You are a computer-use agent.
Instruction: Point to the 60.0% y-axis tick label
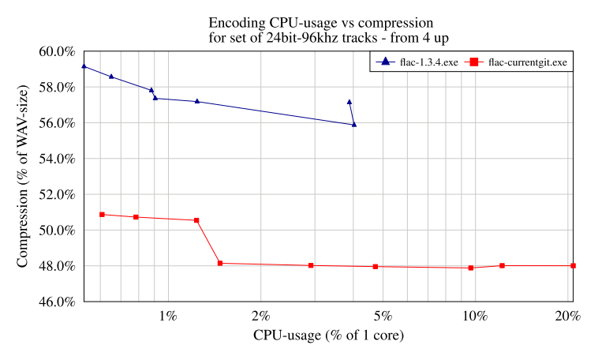[x=57, y=52]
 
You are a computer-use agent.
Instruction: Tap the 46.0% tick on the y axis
[x=57, y=302]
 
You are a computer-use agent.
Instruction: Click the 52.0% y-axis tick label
[x=57, y=195]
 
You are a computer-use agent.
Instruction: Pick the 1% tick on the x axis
[x=167, y=317]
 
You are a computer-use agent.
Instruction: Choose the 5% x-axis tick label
[x=382, y=317]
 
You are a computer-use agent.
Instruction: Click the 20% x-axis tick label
[x=567, y=317]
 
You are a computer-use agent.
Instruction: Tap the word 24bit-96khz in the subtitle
[x=290, y=37]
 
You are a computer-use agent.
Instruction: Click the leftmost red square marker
[x=102, y=215]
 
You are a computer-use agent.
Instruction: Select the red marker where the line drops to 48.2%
[x=220, y=263]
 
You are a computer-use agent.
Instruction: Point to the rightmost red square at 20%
[x=573, y=266]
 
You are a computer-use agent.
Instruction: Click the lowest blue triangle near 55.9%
[x=354, y=124]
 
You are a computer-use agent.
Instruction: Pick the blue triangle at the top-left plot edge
[x=84, y=66]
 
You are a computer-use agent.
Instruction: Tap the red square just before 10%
[x=471, y=268]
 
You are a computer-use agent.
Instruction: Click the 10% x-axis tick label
[x=474, y=317]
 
